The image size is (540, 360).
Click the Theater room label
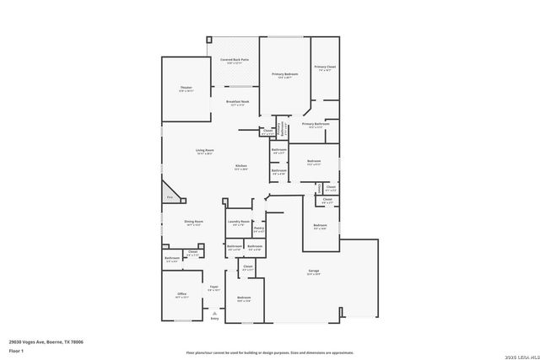(186, 88)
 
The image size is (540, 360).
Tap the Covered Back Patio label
(234, 60)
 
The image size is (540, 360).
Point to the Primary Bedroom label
(284, 74)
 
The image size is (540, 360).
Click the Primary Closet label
(325, 67)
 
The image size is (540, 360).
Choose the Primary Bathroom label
(315, 124)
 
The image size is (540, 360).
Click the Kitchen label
(240, 165)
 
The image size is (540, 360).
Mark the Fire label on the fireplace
(170, 196)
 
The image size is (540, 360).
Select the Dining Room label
(194, 221)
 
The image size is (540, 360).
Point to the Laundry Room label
(239, 222)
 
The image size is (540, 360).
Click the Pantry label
(259, 228)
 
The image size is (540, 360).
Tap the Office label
(181, 294)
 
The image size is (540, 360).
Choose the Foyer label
(214, 287)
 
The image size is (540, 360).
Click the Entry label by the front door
(214, 318)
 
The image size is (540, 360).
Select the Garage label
(313, 271)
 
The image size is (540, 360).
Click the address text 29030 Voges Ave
(46, 341)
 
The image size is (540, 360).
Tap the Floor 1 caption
(16, 350)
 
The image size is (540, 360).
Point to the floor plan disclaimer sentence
(270, 352)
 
